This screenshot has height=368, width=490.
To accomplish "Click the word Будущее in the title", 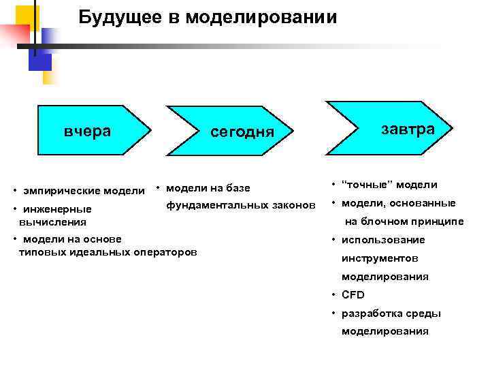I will [116, 17].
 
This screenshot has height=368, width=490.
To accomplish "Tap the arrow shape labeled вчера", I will [88, 130].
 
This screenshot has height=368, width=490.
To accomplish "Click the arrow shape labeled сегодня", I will [242, 132].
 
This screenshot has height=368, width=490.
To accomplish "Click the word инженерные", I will [57, 209].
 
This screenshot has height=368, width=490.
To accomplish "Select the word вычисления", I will [52, 221].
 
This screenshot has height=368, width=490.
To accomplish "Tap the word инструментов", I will [380, 258].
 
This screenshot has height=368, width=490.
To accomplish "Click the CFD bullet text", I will [353, 295].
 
